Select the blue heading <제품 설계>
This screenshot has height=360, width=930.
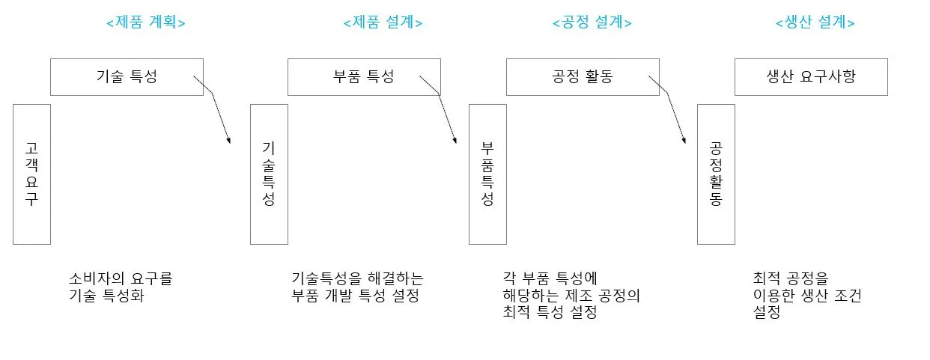(383, 22)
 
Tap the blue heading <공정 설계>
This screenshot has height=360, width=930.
(592, 22)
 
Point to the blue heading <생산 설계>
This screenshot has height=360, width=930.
(815, 22)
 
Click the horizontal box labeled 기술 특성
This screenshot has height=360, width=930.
(127, 77)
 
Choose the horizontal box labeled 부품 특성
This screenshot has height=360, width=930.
(364, 77)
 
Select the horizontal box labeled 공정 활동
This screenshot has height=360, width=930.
(583, 77)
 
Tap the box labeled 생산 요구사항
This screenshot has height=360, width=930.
(811, 77)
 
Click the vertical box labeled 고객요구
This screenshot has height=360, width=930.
(31, 174)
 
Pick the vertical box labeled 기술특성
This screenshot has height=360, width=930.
(269, 174)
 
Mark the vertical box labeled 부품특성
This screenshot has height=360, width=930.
(487, 174)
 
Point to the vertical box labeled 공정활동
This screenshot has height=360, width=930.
(716, 174)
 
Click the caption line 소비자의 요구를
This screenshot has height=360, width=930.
(121, 279)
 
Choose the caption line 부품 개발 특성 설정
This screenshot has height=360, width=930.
(355, 295)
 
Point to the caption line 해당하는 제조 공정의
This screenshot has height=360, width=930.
(571, 296)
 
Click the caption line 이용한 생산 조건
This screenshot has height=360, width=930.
(807, 296)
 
